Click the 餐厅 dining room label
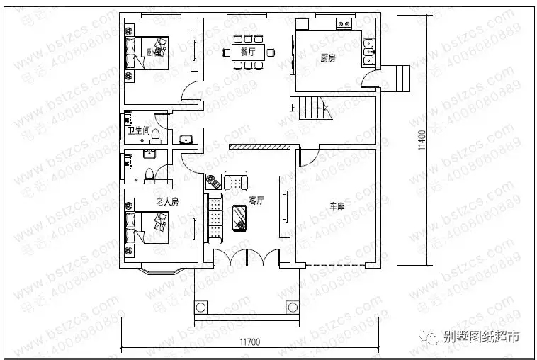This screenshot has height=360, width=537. point(247,52)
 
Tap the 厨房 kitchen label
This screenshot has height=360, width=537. point(327,59)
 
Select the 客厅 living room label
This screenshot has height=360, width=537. point(256,201)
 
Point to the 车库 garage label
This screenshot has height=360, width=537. point(336,206)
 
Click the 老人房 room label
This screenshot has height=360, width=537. point(167,202)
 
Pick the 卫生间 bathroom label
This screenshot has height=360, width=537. point(138,130)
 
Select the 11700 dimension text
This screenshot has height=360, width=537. point(249,342)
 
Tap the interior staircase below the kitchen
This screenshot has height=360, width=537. point(312,110)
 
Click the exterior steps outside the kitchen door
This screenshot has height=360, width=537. point(399,77)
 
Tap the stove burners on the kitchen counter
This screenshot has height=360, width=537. point(344,24)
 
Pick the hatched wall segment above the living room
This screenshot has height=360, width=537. point(259,147)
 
